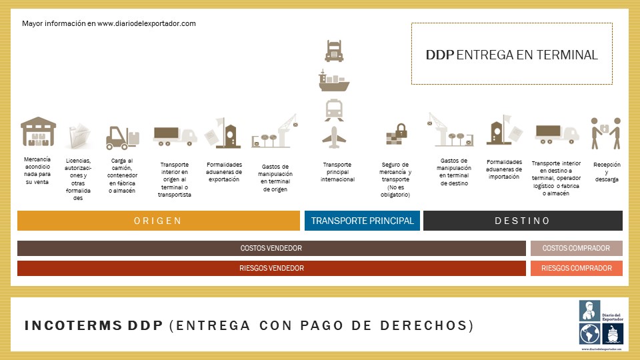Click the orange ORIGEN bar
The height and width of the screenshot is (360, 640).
[x=158, y=221]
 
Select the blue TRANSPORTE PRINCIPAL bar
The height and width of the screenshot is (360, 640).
[x=362, y=221]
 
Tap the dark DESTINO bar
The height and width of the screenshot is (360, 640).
[x=523, y=221]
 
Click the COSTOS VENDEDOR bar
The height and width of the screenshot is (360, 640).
[x=271, y=249]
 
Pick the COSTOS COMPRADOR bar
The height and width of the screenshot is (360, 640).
[x=576, y=249]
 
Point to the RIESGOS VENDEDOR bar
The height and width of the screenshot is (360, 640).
[x=271, y=268]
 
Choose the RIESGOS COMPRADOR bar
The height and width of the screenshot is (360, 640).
[x=576, y=268]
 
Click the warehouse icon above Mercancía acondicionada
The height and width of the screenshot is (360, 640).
[x=38, y=132]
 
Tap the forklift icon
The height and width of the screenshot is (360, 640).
[x=123, y=137]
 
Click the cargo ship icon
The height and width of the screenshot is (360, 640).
[x=334, y=81]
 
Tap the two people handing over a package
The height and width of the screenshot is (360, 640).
[x=605, y=133]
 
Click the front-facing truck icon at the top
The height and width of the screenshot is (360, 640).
[x=334, y=51]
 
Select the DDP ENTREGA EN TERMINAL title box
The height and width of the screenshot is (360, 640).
[x=511, y=54]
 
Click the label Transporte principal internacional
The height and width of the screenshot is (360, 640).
[x=337, y=172]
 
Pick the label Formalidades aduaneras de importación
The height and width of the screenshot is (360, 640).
[x=504, y=169]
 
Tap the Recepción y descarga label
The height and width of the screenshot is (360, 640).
[x=606, y=171]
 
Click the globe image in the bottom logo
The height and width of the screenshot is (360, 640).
[x=589, y=333]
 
